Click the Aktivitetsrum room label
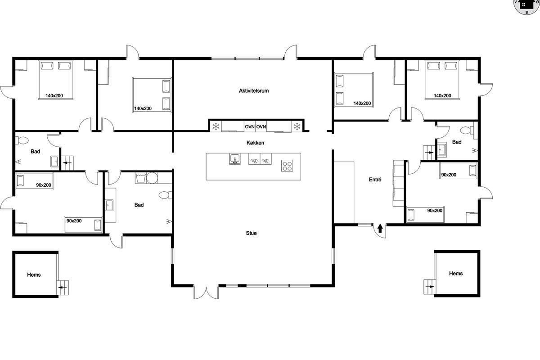tap(254, 91)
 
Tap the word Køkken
tap(255, 143)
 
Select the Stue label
tap(251, 233)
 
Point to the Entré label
tap(375, 180)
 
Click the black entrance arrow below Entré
tap(380, 228)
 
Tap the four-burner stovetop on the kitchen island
tap(287, 166)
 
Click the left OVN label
tap(250, 126)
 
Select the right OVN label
tap(261, 126)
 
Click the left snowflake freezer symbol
tap(216, 126)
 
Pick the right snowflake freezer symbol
tap(297, 126)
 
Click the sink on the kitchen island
tap(234, 159)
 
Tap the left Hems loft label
tap(34, 274)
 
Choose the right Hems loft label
tap(456, 273)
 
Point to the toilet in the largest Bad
tap(165, 195)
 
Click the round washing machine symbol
tap(152, 178)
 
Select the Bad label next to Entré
tap(457, 142)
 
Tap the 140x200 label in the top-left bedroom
tap(54, 95)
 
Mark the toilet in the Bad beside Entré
tap(468, 130)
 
